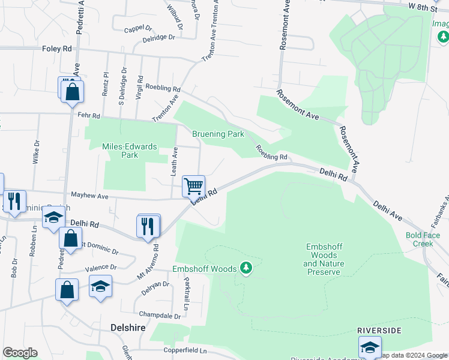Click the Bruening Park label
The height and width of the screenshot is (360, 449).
(218, 134)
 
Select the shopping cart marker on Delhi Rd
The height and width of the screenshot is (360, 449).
(193, 186)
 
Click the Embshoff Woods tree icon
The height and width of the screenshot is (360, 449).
(246, 267)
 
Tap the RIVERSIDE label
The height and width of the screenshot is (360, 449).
(379, 331)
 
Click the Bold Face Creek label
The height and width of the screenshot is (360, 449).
(419, 239)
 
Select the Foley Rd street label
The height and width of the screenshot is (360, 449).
(57, 48)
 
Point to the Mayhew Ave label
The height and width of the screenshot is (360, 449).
(89, 196)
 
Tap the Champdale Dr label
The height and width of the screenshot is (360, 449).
(160, 315)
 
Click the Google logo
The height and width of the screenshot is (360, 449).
(19, 353)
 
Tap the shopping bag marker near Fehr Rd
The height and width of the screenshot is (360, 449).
(72, 91)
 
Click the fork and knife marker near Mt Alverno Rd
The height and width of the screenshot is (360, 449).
(148, 226)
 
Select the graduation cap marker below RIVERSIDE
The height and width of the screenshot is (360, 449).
(370, 348)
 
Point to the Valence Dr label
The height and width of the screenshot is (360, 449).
(100, 267)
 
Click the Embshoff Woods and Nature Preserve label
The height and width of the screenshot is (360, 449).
(324, 259)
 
